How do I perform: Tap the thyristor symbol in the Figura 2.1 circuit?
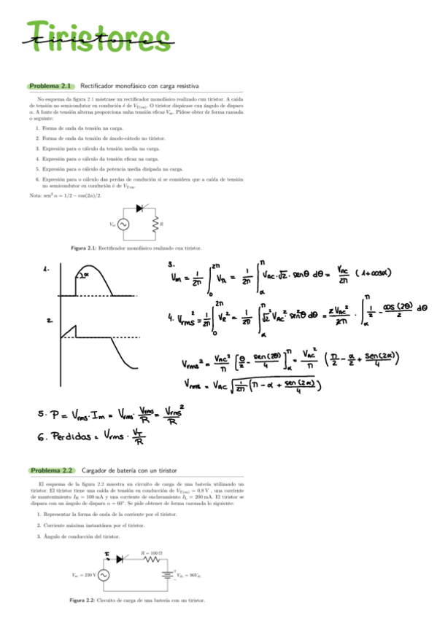pos(139,208)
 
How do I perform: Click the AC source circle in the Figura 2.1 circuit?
pos(123,224)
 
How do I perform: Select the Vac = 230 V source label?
pos(84,574)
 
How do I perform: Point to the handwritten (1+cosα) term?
pos(379,273)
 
